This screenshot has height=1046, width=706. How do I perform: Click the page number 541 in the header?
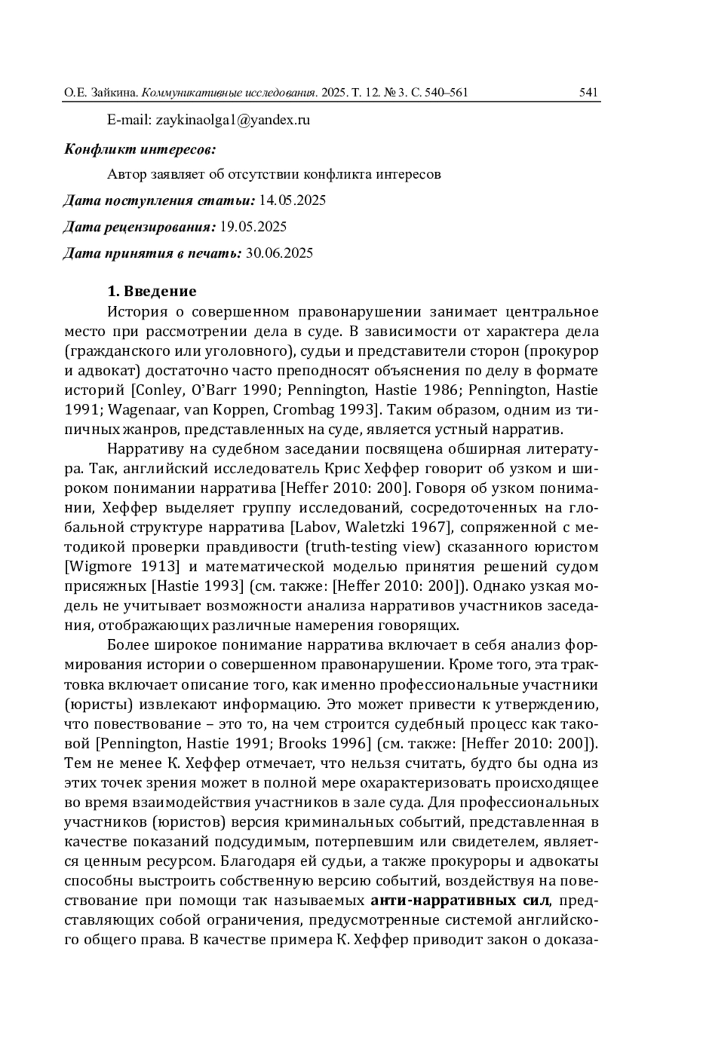point(588,92)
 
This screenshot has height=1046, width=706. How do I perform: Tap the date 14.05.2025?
point(292,200)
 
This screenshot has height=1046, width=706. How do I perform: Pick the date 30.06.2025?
point(279,253)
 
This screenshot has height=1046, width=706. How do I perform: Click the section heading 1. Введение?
point(152,291)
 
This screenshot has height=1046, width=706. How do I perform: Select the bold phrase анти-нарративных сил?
point(461,900)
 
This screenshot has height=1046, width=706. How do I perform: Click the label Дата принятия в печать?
point(152,253)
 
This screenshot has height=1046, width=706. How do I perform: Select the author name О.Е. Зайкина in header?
point(100,92)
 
